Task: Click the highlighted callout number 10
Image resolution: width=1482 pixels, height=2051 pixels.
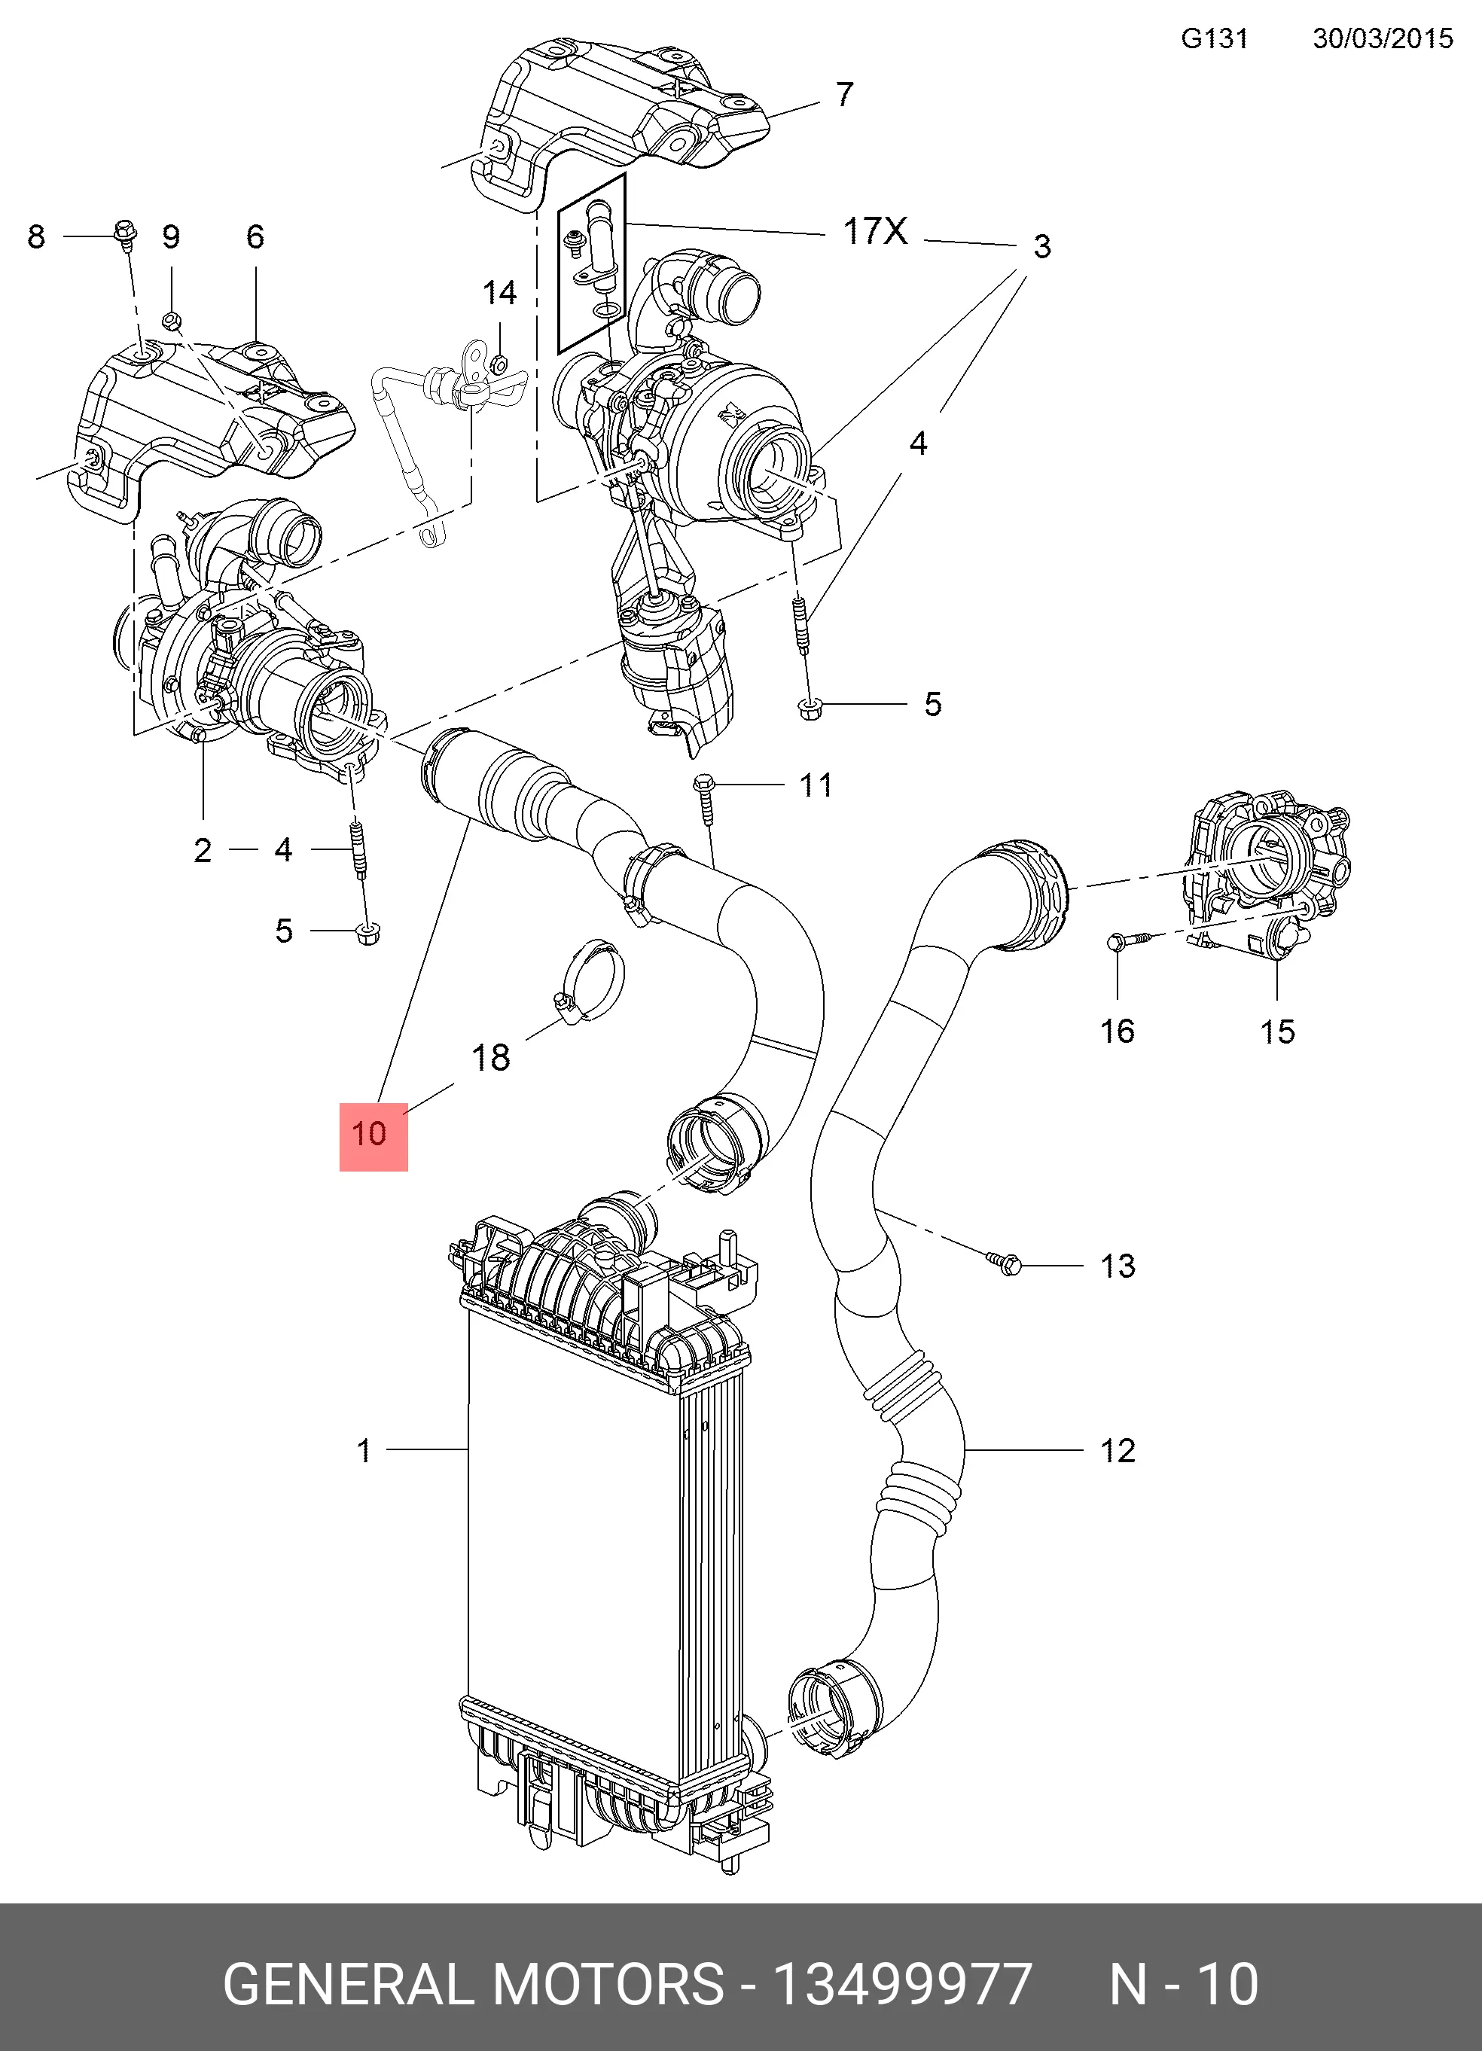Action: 370,1134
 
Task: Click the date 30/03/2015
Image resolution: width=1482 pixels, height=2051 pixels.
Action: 1383,39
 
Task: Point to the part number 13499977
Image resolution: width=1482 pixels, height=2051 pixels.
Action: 901,1984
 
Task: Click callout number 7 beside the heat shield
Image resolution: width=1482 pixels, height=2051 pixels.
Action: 844,94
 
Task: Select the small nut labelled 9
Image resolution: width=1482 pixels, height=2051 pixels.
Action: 172,320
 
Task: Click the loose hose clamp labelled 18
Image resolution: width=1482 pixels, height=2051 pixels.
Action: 590,980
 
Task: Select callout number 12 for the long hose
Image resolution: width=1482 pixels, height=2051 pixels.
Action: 1118,1450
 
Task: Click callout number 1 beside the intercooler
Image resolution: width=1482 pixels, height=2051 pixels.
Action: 364,1450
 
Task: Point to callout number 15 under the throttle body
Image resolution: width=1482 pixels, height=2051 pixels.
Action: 1276,1031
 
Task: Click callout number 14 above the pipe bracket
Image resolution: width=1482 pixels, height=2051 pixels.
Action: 499,293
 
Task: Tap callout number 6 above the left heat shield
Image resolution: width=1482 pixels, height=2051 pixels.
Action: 255,237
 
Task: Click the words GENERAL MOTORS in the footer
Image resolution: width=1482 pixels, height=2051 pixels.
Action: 473,1984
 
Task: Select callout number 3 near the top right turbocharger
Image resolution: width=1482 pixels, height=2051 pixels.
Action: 1041,246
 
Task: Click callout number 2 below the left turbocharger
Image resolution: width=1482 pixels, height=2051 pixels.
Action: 203,850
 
